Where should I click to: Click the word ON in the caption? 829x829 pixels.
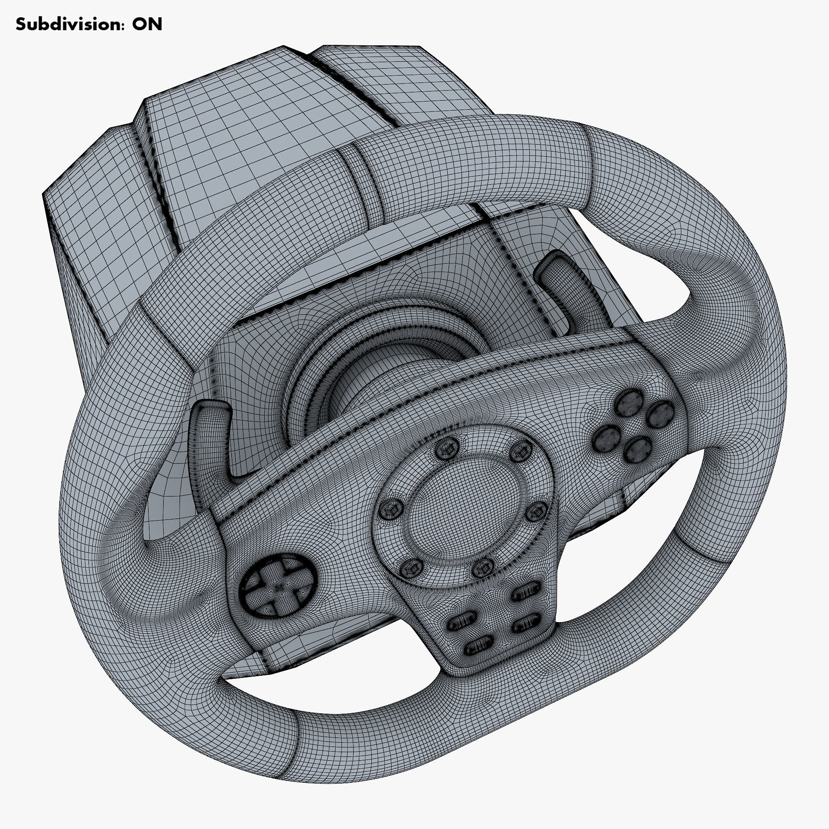tap(147, 25)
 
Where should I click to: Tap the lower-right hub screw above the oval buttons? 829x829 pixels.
tap(482, 570)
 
